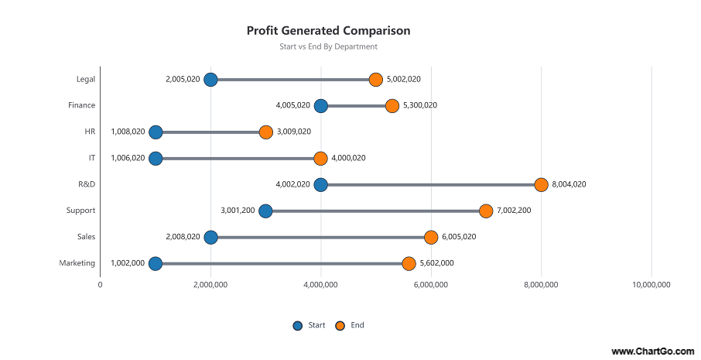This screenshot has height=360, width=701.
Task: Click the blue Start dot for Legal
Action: coord(210,79)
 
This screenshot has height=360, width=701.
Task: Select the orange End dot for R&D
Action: coord(541,184)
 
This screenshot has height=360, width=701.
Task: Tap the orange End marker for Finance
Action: coord(392,105)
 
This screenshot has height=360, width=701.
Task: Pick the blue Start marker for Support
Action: coord(265,211)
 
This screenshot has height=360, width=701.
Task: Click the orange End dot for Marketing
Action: coord(409,263)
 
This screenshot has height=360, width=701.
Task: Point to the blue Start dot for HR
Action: coord(156,132)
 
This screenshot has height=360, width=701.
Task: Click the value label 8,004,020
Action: coord(569,184)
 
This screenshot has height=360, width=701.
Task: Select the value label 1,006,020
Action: coord(128,158)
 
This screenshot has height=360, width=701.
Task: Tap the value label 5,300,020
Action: coord(420,105)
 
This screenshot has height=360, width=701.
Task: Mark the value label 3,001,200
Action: coord(238,211)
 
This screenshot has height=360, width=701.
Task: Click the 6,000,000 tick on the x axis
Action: coord(431,285)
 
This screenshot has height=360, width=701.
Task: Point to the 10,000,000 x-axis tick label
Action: coord(651,285)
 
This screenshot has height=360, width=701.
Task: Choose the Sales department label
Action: coord(86,237)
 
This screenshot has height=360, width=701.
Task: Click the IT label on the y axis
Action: coord(91,158)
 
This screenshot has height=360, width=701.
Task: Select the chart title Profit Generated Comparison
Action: coord(328,31)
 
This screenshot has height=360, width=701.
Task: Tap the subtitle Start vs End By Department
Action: coord(328,46)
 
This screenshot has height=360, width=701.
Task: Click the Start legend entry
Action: coord(309,325)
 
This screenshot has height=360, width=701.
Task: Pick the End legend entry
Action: coord(350,325)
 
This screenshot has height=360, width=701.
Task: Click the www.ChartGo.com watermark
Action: coord(652,351)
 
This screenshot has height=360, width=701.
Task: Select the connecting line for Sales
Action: coord(320,237)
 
